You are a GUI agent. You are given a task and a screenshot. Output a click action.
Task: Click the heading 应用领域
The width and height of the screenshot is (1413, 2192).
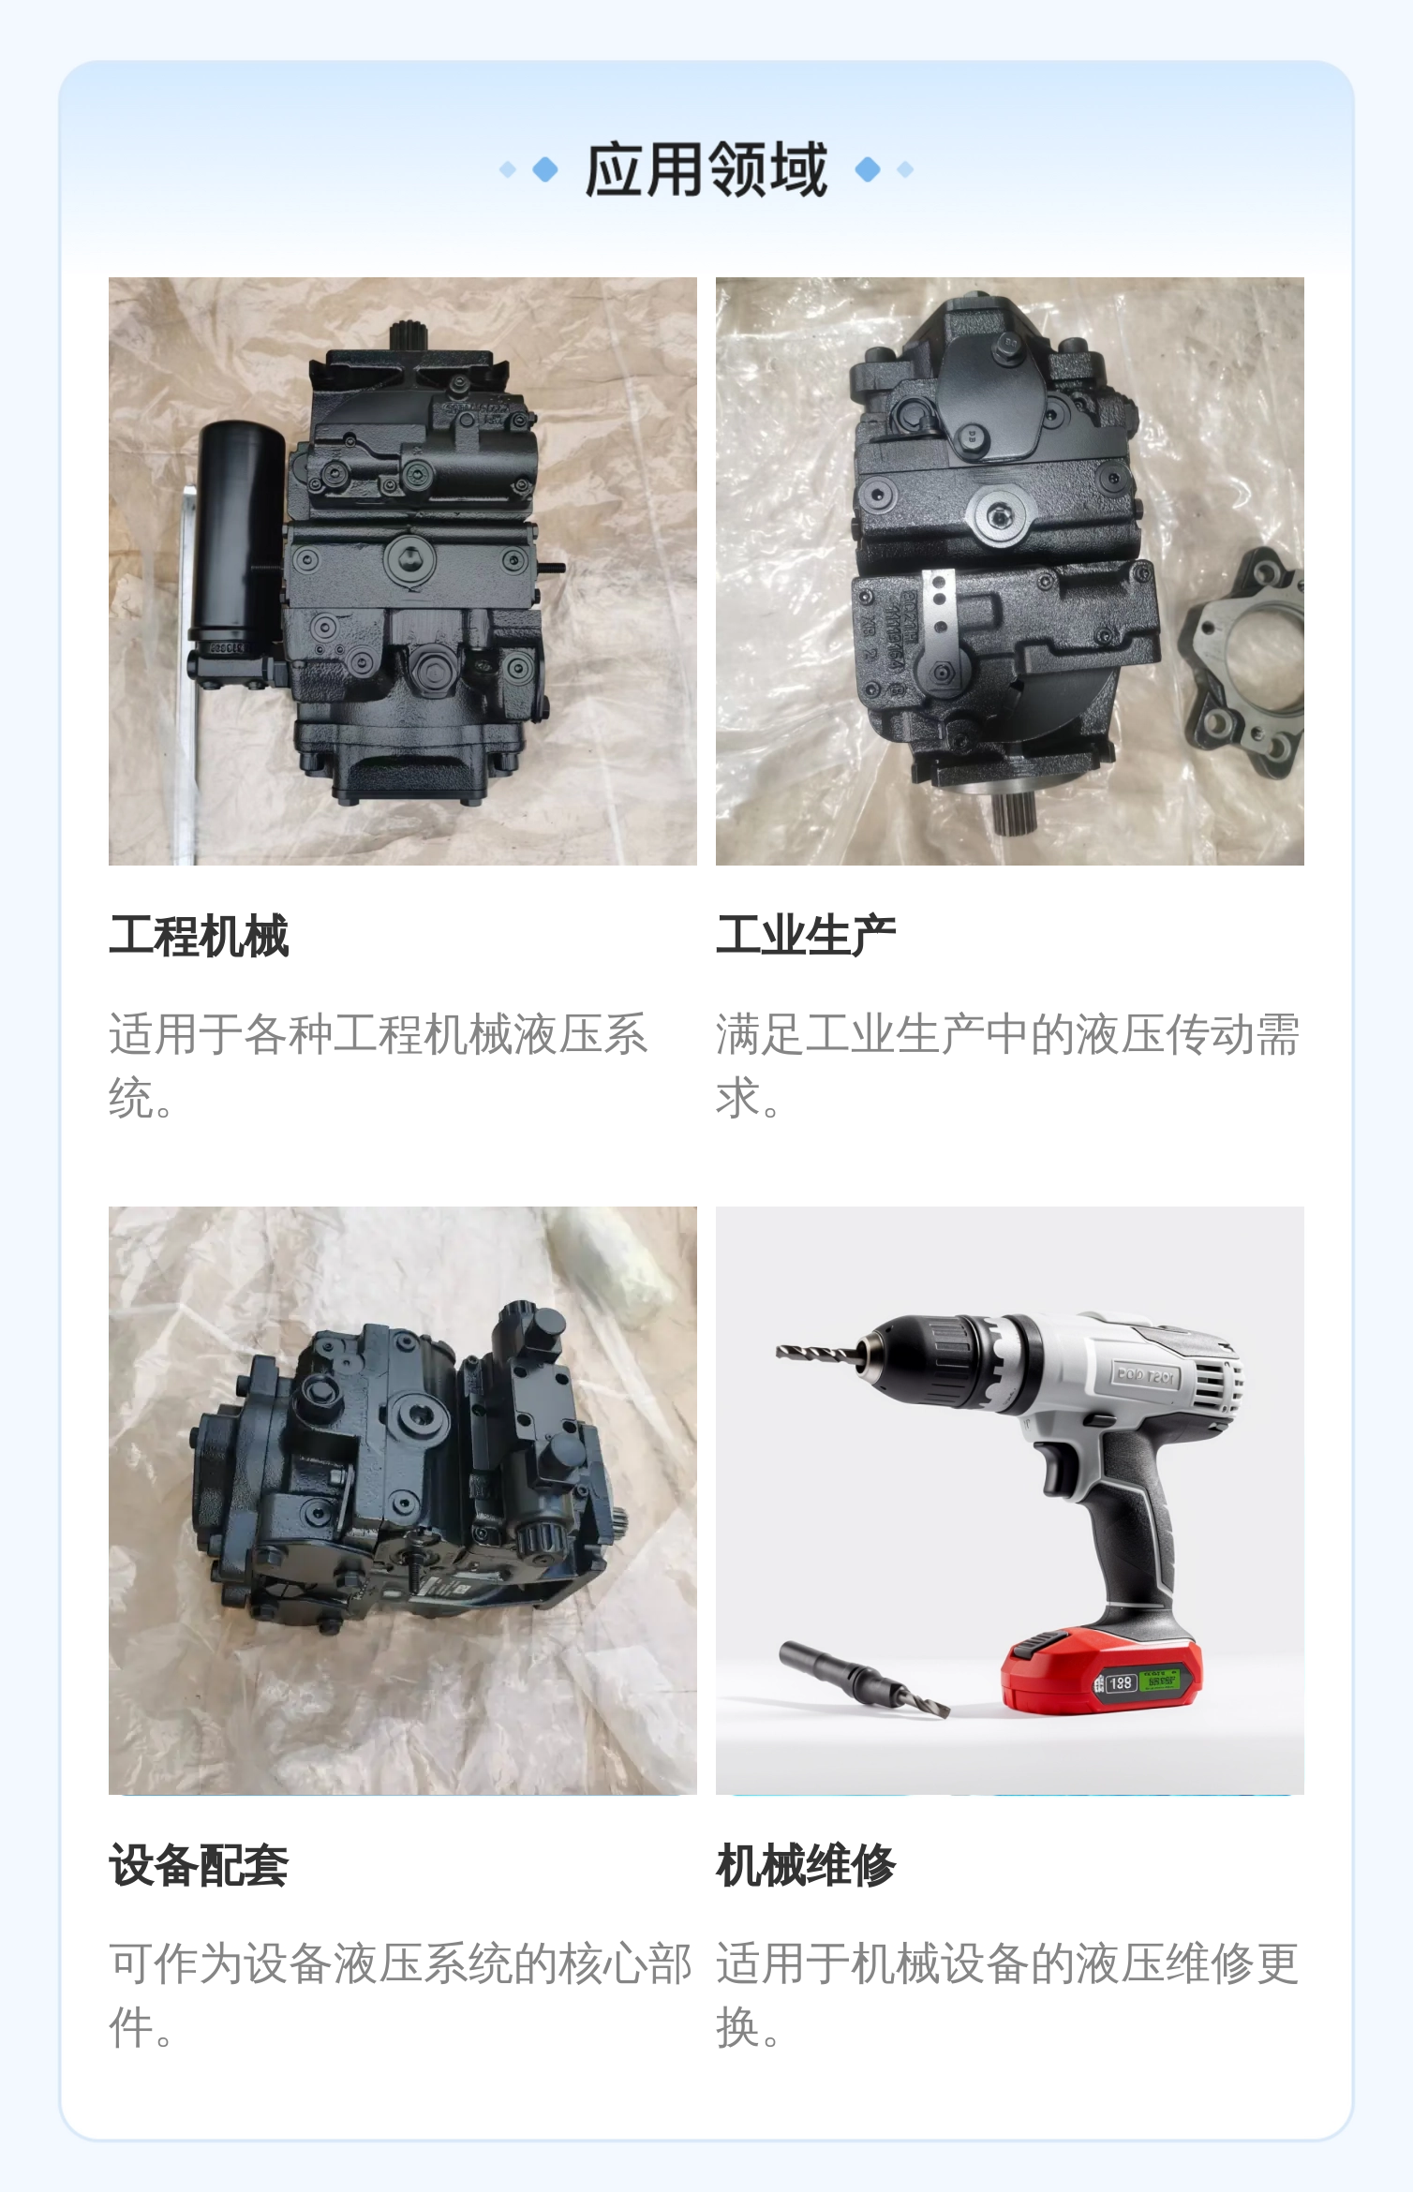706,170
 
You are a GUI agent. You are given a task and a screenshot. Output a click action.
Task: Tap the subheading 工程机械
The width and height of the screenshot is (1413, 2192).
199,936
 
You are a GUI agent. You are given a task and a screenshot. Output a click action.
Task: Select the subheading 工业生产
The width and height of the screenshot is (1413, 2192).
806,936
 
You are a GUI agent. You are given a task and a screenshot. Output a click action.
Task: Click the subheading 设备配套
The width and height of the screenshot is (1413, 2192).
199,1865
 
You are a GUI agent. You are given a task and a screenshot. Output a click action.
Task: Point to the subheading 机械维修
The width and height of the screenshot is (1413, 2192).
806,1865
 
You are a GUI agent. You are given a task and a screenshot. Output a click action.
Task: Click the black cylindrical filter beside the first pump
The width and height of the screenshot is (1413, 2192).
238,534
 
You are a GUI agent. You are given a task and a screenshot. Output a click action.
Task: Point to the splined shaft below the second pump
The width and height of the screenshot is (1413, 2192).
1017,813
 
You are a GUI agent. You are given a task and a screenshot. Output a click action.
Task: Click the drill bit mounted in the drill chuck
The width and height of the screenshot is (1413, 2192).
816,1353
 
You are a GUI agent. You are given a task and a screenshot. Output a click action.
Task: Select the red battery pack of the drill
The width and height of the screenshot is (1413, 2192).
1101,1677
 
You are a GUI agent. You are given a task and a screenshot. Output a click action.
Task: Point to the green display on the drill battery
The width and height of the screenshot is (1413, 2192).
1163,1680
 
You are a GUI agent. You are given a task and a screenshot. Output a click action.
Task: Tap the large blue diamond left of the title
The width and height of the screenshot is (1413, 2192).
545,170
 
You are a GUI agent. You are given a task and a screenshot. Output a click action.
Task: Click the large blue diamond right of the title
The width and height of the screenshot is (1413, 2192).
869,170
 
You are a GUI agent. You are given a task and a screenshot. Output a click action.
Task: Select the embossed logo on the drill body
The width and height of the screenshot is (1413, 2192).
1145,1376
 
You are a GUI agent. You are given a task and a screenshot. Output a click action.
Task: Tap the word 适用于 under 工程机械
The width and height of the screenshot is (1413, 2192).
175,1034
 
